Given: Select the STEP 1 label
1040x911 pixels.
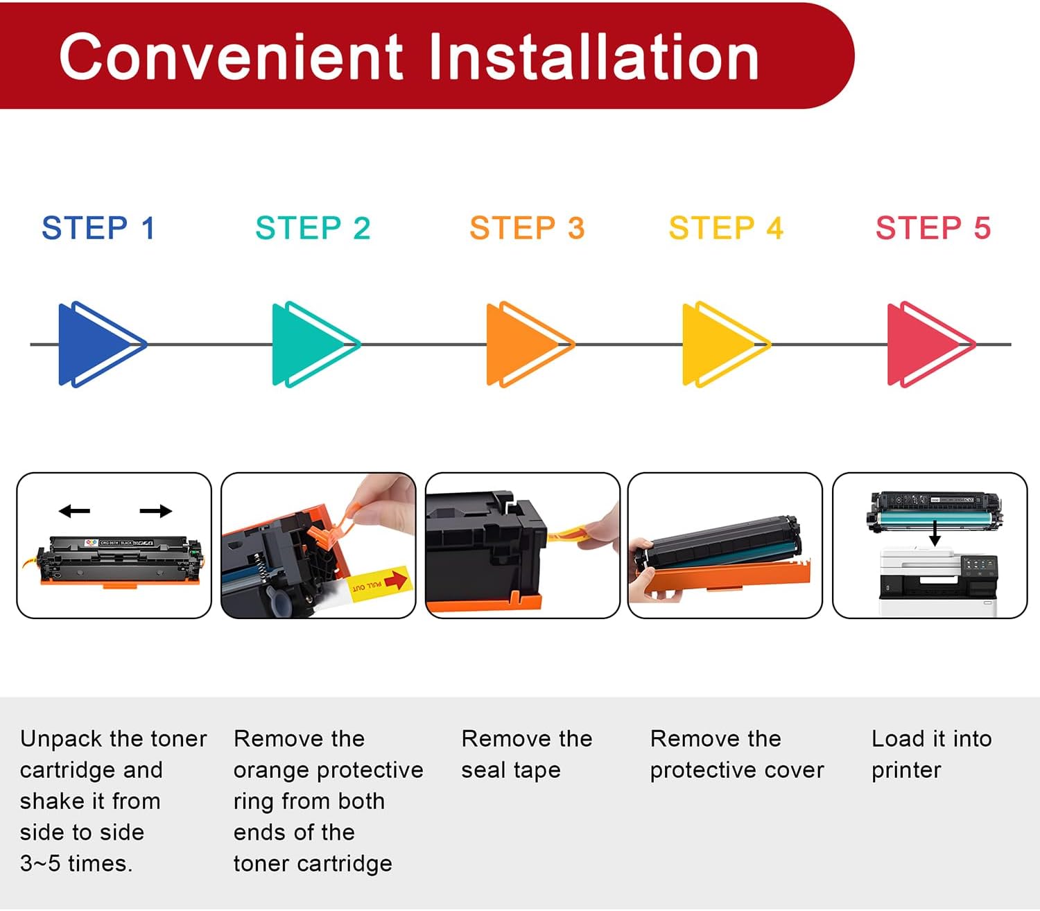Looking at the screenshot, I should [98, 228].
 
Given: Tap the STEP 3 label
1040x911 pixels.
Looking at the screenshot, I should [527, 228].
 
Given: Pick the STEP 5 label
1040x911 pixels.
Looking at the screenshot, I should [933, 228].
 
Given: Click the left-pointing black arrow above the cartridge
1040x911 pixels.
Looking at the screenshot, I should [74, 512].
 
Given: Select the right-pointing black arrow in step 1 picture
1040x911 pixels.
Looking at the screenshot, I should [155, 512].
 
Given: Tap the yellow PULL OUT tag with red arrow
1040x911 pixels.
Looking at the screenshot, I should [379, 583].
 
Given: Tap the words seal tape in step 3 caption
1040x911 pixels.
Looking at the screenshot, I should [510, 770].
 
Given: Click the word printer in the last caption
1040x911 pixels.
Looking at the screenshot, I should [905, 770].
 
